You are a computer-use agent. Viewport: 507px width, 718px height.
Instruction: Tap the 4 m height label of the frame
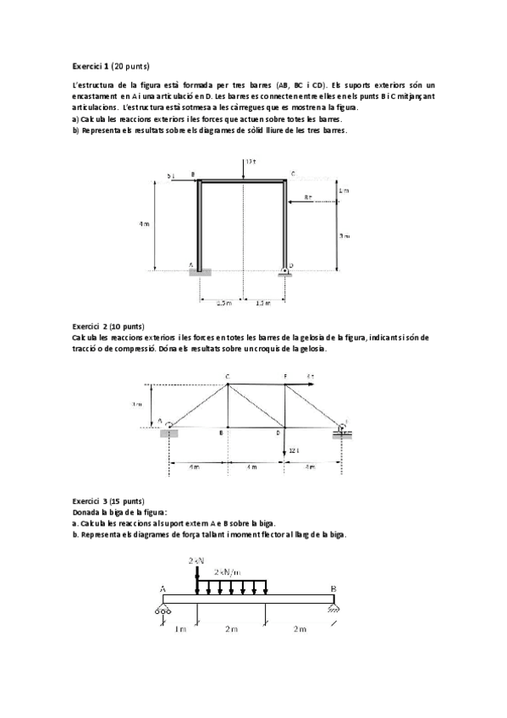(144, 224)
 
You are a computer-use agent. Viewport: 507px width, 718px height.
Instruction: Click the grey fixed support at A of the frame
(201, 271)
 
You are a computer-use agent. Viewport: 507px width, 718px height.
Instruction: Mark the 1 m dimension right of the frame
(343, 191)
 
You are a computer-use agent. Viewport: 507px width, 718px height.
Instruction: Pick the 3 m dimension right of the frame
(343, 236)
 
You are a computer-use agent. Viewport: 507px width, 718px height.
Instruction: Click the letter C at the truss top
(227, 376)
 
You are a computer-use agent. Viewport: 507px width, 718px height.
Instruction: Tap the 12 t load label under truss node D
(294, 450)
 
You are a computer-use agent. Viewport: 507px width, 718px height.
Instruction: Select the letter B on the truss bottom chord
(221, 433)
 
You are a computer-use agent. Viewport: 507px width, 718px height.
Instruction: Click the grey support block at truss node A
(170, 433)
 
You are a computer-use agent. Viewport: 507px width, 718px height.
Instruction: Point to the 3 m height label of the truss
(137, 405)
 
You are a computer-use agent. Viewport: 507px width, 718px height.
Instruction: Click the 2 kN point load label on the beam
(196, 561)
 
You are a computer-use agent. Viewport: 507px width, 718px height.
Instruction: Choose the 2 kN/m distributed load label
(231, 572)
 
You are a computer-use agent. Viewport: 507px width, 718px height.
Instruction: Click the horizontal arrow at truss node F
(300, 384)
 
